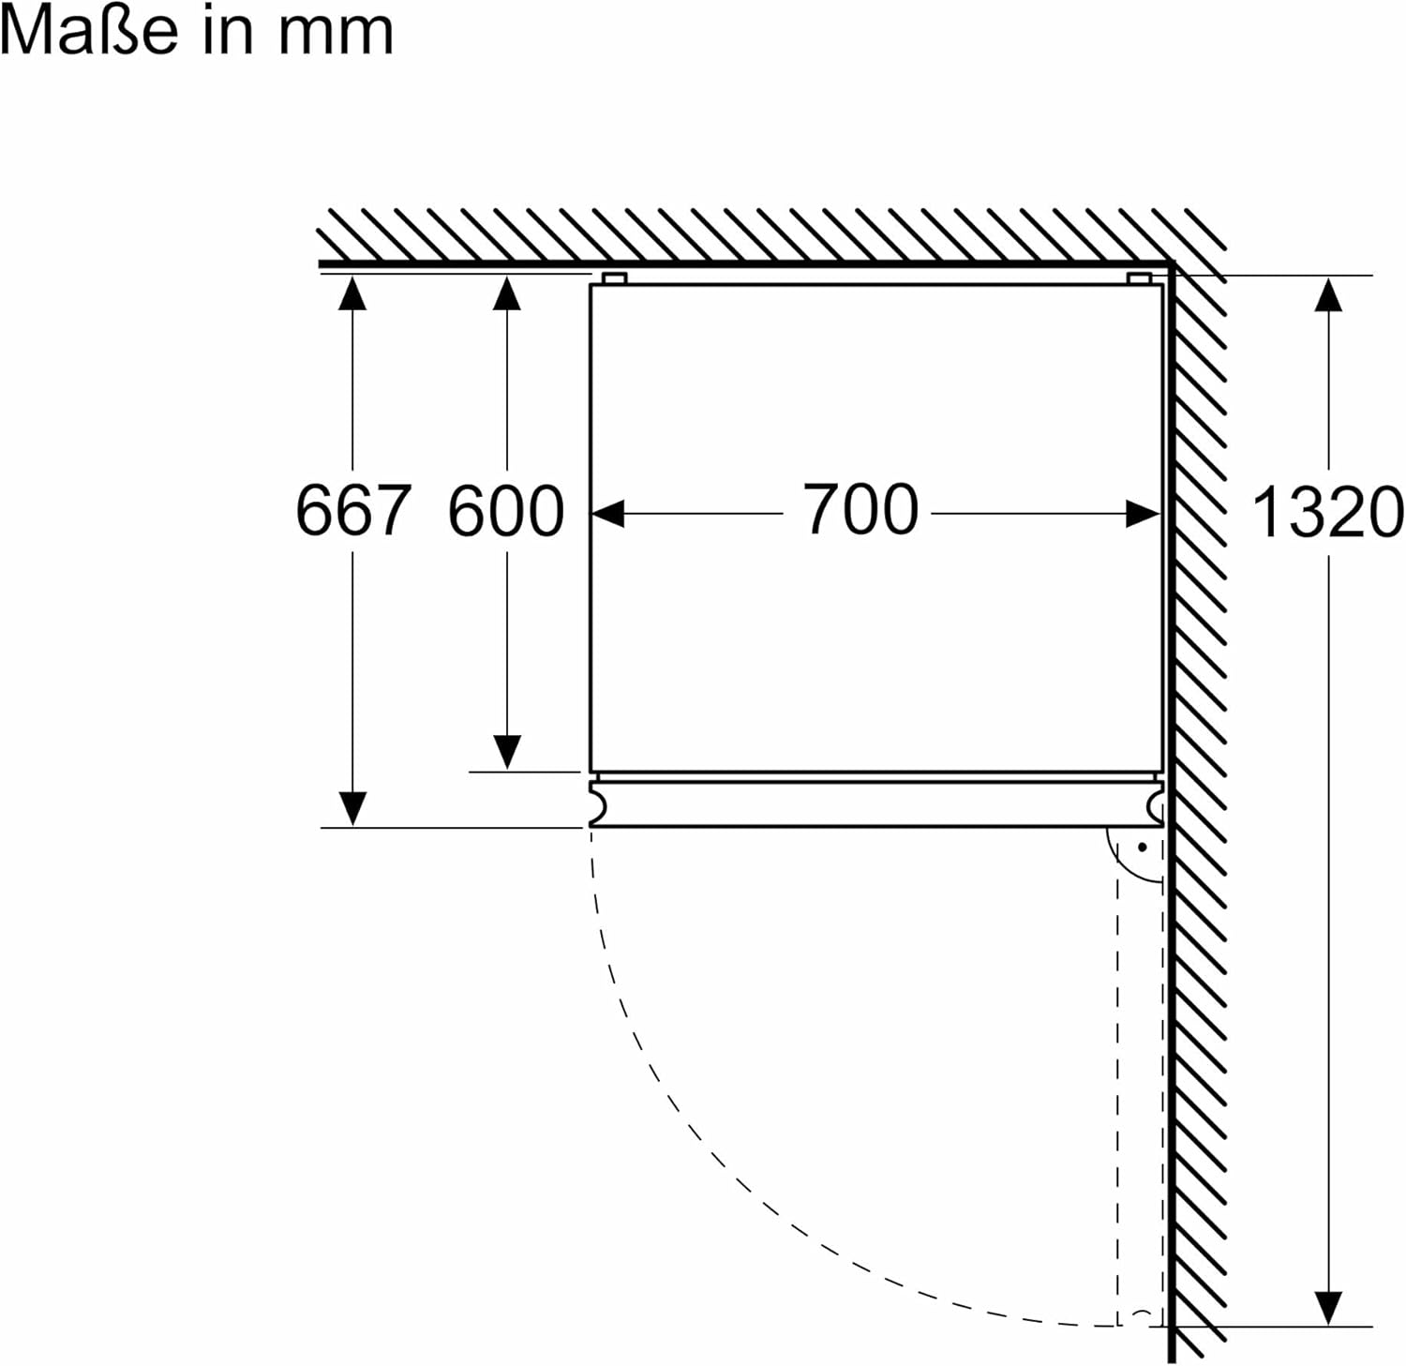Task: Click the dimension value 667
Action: (353, 511)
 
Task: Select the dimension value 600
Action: (506, 511)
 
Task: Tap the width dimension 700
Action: (861, 510)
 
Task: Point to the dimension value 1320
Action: (1328, 513)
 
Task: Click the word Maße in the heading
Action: (89, 30)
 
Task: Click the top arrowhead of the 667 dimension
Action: (352, 293)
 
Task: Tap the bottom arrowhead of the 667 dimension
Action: (352, 809)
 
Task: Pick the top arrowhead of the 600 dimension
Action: (506, 293)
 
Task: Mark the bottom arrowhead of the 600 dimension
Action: (506, 753)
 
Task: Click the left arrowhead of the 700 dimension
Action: (608, 514)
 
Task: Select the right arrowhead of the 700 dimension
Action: (1144, 514)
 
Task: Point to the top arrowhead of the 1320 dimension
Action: (1328, 294)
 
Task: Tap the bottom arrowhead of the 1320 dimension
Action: (1328, 1308)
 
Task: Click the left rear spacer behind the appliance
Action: (614, 278)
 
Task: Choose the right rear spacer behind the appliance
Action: (1140, 278)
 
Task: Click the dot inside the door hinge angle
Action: (1143, 848)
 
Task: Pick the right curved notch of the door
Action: (1155, 804)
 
